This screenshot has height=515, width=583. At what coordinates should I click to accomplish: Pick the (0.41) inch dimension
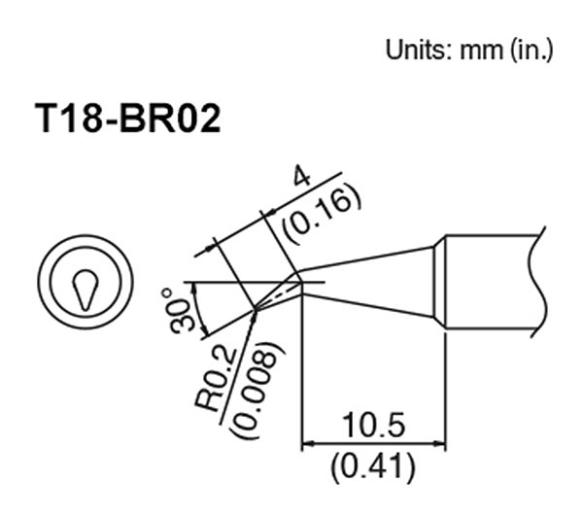tap(374, 469)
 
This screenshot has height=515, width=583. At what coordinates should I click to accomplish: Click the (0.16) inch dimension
tap(321, 212)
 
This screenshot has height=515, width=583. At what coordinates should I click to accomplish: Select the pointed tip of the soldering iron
tap(256, 310)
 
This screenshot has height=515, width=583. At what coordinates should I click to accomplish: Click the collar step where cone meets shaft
tap(439, 282)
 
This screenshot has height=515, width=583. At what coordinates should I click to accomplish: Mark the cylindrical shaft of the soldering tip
tap(491, 282)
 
